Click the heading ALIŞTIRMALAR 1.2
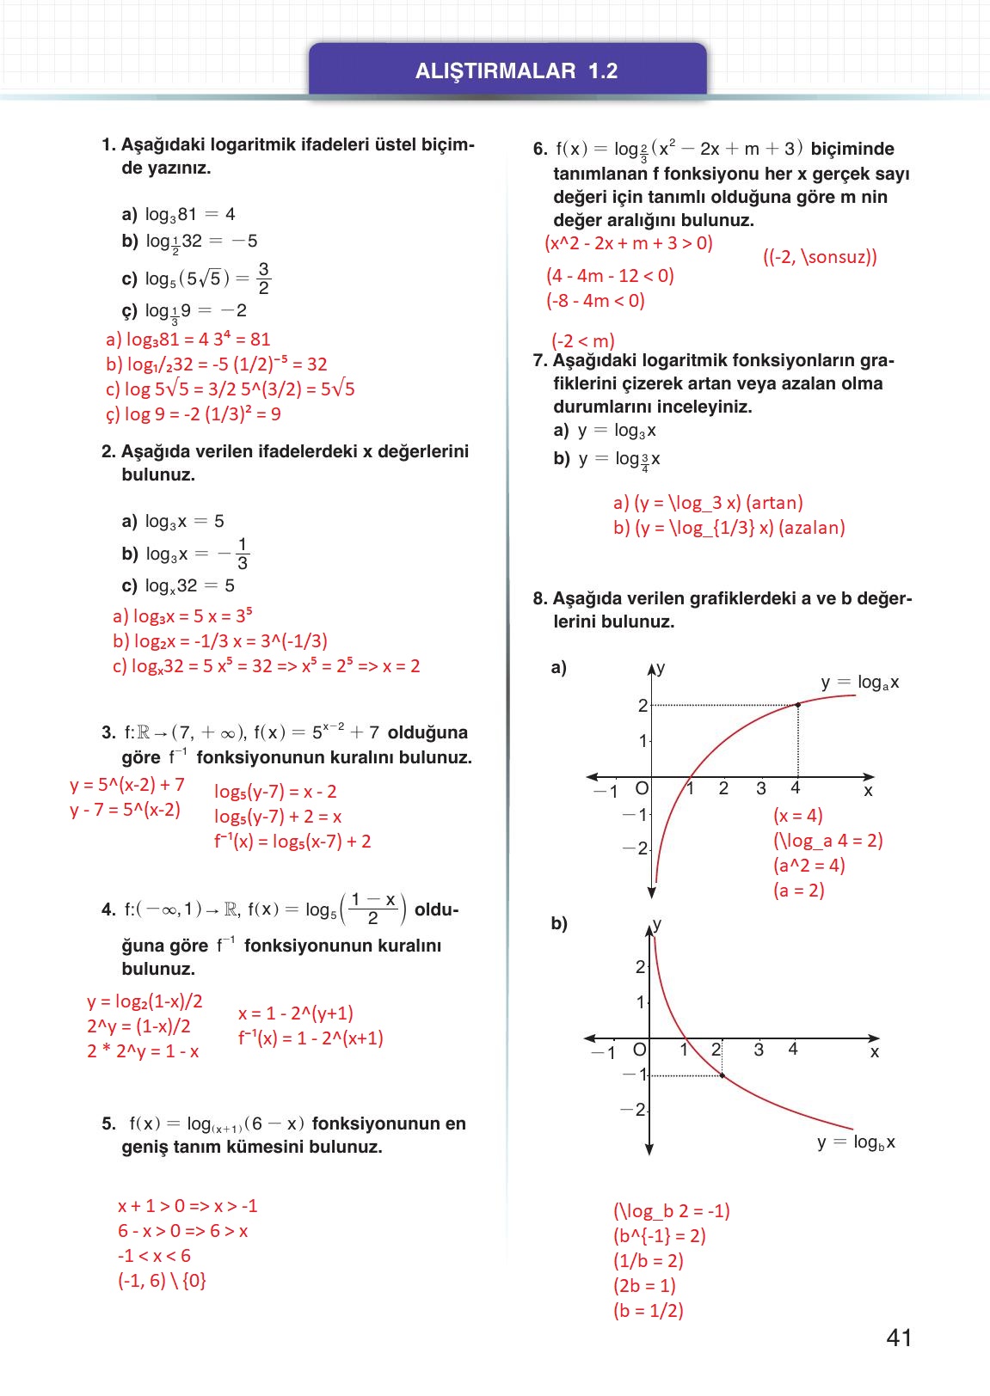(516, 71)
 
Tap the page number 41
(899, 1338)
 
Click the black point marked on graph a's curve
(798, 705)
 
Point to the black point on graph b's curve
(722, 1075)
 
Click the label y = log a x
(859, 683)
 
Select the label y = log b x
(856, 1142)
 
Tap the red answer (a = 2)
(798, 891)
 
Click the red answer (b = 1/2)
(648, 1311)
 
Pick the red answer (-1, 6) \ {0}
(162, 1281)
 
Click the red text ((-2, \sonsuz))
(820, 257)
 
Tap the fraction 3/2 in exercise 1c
(263, 279)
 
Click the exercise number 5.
(108, 1124)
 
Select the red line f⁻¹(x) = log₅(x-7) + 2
(292, 842)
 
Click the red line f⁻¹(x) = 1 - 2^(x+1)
(311, 1038)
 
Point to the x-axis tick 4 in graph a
(796, 788)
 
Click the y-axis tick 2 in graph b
(640, 967)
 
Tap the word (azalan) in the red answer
(811, 528)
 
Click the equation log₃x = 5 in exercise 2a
(184, 521)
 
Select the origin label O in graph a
(642, 788)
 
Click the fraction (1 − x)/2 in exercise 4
(373, 909)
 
